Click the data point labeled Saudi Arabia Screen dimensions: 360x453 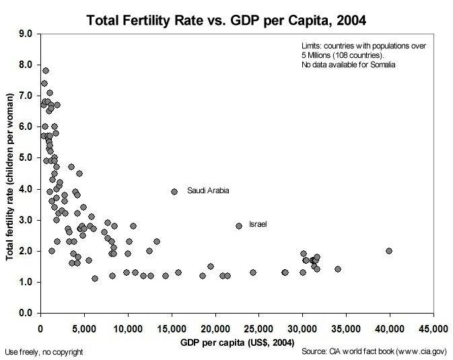[174, 191]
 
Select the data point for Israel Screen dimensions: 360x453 [239, 226]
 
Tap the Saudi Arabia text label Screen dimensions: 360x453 [208, 190]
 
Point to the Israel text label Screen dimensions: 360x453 [258, 223]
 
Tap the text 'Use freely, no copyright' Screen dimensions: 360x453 [44, 351]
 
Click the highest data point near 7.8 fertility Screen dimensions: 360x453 [46, 70]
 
